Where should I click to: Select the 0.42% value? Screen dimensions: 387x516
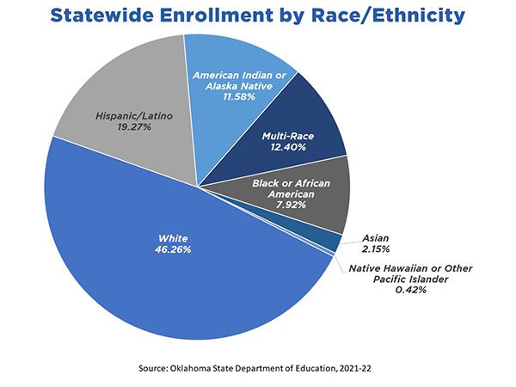click(408, 291)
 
